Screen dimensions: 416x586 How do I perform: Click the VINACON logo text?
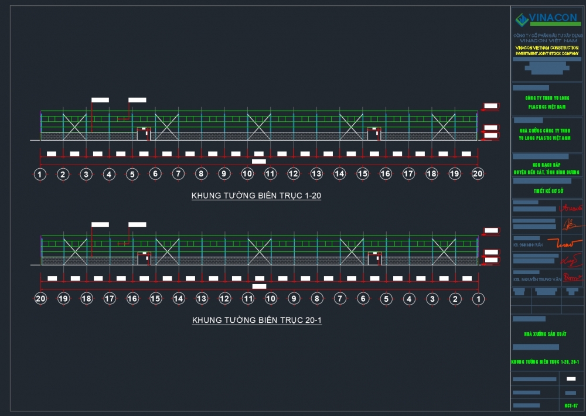click(x=553, y=19)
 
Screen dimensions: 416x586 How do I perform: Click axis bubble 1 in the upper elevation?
click(x=40, y=174)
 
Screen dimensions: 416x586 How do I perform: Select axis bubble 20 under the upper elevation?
click(x=478, y=174)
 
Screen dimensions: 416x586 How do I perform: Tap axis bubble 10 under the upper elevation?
click(x=247, y=174)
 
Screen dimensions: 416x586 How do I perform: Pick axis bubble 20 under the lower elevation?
click(x=40, y=299)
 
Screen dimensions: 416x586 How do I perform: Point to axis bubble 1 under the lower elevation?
click(x=478, y=299)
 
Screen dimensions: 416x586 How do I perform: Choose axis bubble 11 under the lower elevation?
click(x=248, y=299)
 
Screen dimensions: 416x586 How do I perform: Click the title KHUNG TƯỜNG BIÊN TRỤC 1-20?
click(x=256, y=196)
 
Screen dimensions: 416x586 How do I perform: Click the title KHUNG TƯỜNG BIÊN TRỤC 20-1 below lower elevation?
click(x=257, y=320)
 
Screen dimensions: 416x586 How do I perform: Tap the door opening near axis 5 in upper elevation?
click(x=144, y=134)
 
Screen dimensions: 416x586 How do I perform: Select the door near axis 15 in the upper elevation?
click(x=374, y=134)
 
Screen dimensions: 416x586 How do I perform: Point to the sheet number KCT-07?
click(x=571, y=405)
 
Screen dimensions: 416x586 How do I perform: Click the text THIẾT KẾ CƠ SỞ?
click(x=548, y=191)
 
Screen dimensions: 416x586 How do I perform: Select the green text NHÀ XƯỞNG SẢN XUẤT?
click(x=545, y=333)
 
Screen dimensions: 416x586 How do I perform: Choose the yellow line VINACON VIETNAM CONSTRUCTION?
click(x=547, y=47)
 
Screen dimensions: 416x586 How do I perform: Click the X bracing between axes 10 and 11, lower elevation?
click(x=259, y=251)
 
